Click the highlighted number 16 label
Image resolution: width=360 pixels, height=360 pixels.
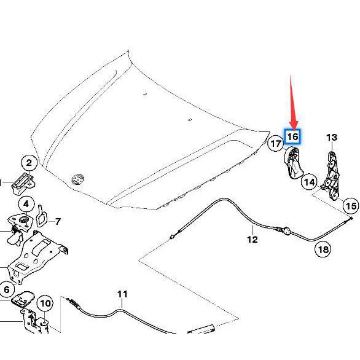point(292,137)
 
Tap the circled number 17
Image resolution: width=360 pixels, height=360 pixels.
point(276,144)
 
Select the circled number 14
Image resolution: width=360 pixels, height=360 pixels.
point(309,182)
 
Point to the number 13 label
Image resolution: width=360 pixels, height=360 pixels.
point(332,138)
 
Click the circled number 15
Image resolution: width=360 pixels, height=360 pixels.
point(351,206)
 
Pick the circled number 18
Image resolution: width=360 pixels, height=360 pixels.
point(323,249)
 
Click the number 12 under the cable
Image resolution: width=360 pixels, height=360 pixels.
point(252,240)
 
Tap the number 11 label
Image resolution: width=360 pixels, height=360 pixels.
point(122,294)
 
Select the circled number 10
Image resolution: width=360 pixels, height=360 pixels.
point(45,303)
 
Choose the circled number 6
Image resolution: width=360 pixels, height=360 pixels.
point(6,289)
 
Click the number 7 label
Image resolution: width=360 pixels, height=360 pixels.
point(58,222)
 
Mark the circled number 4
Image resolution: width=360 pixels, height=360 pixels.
point(26,204)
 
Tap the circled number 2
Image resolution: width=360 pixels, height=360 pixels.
point(29,163)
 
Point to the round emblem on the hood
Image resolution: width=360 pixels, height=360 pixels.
point(78,179)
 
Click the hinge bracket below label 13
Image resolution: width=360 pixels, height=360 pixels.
point(332,176)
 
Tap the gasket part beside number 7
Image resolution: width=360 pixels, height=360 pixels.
point(42,216)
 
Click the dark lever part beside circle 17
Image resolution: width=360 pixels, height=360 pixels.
point(293,163)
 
